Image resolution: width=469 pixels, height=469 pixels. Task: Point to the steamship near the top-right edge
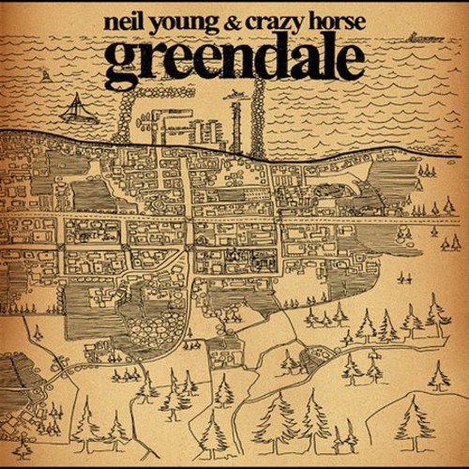tap(424, 38)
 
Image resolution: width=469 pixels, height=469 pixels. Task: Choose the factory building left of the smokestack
tap(178, 124)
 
